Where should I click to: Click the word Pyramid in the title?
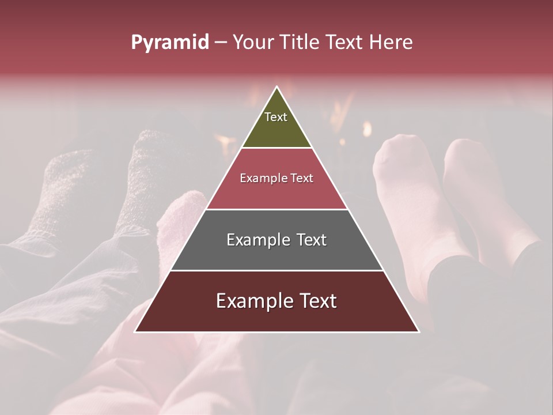169,43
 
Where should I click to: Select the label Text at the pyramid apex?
276,117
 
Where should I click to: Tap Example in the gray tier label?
259,240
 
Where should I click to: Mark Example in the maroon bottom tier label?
253,301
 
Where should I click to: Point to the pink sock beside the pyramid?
179,219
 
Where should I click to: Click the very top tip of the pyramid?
276,87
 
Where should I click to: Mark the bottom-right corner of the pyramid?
418,331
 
